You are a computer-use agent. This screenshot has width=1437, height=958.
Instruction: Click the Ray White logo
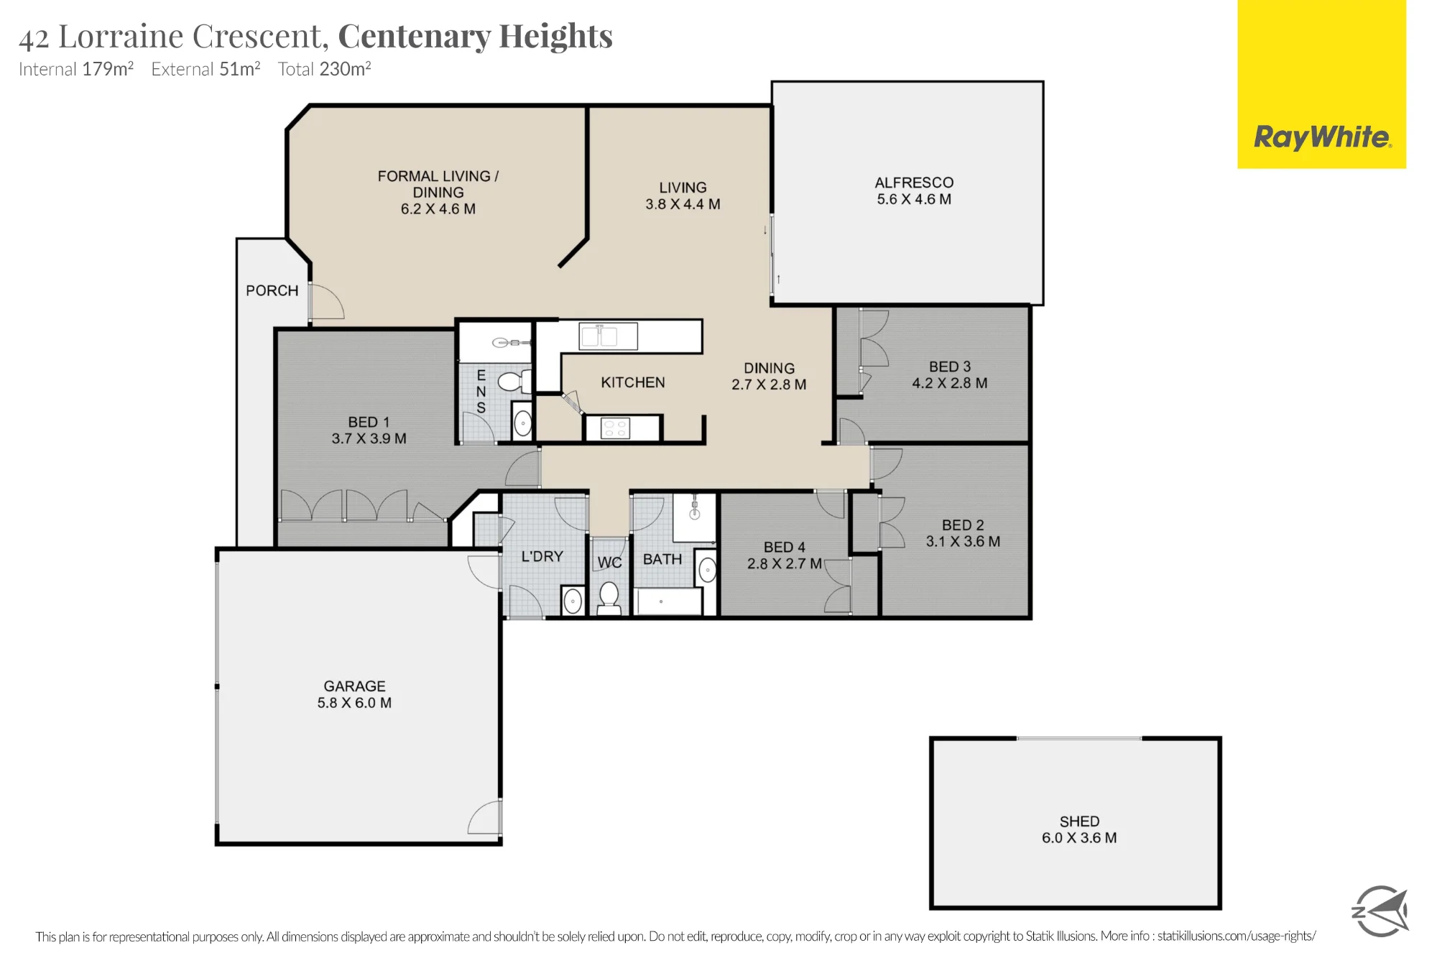[x=1321, y=84]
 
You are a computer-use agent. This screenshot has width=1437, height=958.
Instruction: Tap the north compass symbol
[x=1380, y=911]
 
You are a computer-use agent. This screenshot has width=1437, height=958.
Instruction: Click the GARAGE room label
[x=354, y=686]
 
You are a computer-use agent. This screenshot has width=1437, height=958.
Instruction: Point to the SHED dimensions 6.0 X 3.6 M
[x=1079, y=838]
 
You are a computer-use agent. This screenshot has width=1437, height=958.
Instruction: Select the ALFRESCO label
[x=914, y=183]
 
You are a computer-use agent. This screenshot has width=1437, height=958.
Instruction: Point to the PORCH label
[x=272, y=290]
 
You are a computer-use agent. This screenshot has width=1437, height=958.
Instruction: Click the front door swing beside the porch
[x=328, y=301]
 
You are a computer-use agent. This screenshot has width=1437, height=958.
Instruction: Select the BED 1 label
[x=369, y=422]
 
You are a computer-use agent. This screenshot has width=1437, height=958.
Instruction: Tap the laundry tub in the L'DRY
[x=573, y=601]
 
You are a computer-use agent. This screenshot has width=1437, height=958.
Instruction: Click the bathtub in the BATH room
[x=669, y=602]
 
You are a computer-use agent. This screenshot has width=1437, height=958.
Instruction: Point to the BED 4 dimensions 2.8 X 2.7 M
[x=785, y=564]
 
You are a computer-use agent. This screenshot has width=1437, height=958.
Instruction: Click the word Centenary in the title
[x=414, y=36]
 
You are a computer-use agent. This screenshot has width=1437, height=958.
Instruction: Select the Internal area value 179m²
[x=108, y=69]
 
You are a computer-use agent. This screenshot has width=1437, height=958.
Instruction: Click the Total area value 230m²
[x=345, y=69]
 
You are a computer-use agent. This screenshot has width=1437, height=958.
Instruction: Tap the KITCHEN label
[x=633, y=382]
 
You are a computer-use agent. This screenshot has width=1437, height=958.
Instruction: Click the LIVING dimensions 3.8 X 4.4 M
[x=683, y=204]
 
